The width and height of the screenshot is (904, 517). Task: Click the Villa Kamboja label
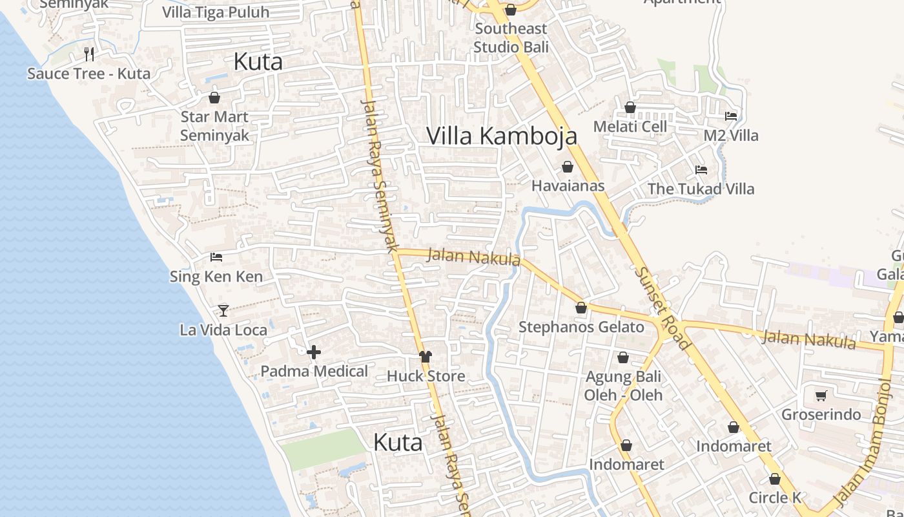pyautogui.click(x=502, y=136)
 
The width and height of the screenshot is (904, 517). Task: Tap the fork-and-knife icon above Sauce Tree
pyautogui.click(x=89, y=54)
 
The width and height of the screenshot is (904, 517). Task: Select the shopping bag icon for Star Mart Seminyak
pyautogui.click(x=214, y=98)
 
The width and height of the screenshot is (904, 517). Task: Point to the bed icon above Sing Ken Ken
pyautogui.click(x=216, y=257)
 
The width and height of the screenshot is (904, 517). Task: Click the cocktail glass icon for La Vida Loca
pyautogui.click(x=223, y=310)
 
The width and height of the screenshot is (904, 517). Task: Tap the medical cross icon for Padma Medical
pyautogui.click(x=314, y=352)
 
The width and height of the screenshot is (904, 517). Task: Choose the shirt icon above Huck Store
pyautogui.click(x=425, y=356)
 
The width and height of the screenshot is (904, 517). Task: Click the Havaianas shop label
pyautogui.click(x=568, y=186)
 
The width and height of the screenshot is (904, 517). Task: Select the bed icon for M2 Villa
pyautogui.click(x=731, y=116)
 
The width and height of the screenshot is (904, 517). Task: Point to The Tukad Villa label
pyautogui.click(x=701, y=189)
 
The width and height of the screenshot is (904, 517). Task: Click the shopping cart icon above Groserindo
pyautogui.click(x=821, y=396)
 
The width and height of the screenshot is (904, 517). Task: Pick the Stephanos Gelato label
pyautogui.click(x=581, y=327)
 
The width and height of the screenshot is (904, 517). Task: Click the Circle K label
pyautogui.click(x=775, y=498)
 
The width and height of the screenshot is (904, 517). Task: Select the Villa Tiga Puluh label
pyautogui.click(x=216, y=12)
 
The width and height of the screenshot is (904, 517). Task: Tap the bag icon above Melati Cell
pyautogui.click(x=630, y=107)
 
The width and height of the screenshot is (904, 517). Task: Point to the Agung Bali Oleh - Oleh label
pyautogui.click(x=623, y=385)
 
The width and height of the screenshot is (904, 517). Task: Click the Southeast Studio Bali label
pyautogui.click(x=511, y=37)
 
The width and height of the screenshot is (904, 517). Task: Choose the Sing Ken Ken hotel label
pyautogui.click(x=216, y=277)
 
